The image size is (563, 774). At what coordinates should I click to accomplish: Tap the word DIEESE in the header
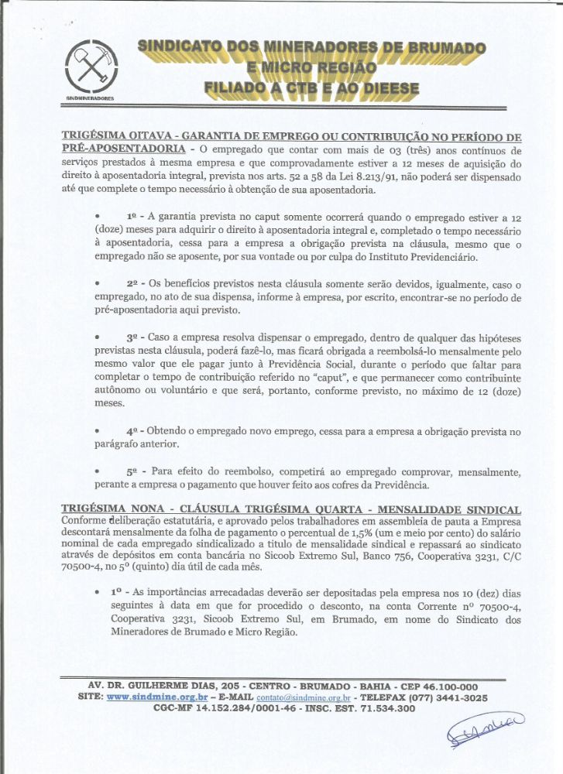[x=383, y=88]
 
